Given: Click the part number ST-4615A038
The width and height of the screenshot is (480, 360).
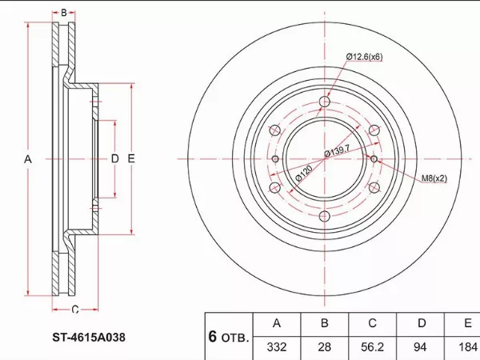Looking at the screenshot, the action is point(89,338).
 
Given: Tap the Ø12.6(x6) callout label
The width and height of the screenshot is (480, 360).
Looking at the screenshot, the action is point(364,57).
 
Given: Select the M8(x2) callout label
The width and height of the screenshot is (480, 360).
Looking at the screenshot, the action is point(434,178).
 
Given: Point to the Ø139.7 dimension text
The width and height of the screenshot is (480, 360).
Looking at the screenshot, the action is point(337,150).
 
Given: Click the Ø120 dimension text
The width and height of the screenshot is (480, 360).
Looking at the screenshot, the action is point(304,174).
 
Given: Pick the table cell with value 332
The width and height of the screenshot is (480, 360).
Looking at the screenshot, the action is point(277,347).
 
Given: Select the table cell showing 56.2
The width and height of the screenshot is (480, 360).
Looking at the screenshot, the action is point(372,347).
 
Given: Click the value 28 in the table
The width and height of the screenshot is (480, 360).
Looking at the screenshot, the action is point(325,347).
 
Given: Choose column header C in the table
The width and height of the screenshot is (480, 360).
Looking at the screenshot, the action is point(372,323).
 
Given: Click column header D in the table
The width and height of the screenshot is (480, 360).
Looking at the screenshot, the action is point(422,323).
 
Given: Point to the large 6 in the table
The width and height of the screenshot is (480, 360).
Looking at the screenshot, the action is point(213,337).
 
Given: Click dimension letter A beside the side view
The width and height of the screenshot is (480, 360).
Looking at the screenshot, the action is point(28,159).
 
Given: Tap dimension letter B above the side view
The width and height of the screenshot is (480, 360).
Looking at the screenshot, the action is point(64,13).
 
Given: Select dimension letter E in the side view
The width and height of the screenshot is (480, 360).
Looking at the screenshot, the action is point(131,158).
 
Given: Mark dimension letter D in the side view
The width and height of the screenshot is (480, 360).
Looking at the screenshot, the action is point(114,158).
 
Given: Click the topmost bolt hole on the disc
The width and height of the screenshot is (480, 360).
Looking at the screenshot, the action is point(325,102).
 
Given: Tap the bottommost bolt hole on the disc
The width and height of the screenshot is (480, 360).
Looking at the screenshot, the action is point(325,217).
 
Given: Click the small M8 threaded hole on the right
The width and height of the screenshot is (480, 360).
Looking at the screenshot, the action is point(374,159).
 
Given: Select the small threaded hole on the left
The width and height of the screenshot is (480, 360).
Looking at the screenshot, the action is point(275,159).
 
